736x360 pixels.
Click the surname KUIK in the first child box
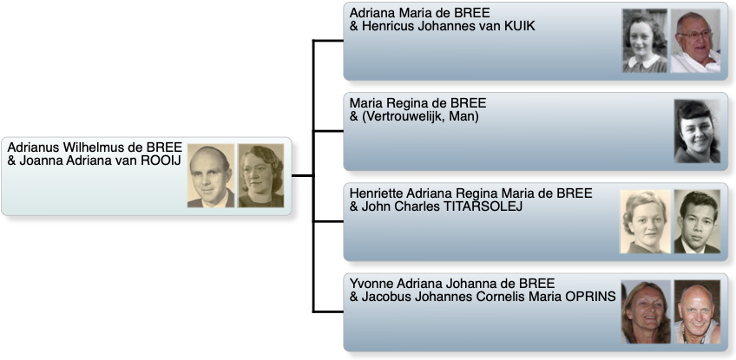516,26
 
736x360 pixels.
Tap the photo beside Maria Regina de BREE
697,131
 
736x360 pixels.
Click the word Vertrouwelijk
401,116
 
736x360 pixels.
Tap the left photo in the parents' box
211,175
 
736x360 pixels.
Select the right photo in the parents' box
260,175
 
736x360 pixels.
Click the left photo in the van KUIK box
645,41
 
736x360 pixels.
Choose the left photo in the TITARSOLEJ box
645,221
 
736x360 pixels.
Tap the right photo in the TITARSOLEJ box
697,221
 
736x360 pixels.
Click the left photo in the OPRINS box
645,311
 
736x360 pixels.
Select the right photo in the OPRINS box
697,311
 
